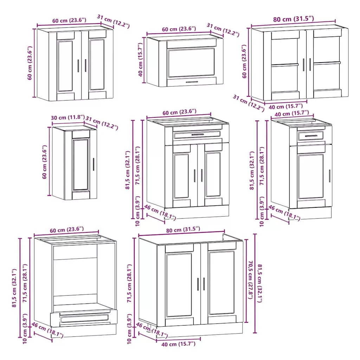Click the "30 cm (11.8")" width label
point(68,117)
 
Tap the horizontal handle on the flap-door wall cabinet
point(192,82)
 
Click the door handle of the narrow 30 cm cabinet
point(94,165)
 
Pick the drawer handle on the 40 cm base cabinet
point(311,136)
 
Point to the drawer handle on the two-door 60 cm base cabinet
point(198,135)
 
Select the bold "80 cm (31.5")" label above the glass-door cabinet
point(294,19)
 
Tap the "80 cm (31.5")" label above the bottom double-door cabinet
point(183,230)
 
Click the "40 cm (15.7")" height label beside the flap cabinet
point(141,59)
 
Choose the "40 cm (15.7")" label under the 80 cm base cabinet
point(178,344)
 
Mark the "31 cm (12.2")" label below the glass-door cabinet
point(249,103)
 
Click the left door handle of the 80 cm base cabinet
point(198,284)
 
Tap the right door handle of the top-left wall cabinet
point(86,66)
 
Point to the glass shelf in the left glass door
point(285,65)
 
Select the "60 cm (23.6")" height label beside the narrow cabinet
point(45,162)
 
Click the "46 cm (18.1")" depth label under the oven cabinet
point(47,330)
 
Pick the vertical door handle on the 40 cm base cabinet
point(330,176)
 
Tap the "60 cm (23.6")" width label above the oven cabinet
point(66,230)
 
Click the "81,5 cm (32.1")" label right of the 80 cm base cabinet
point(260,283)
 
